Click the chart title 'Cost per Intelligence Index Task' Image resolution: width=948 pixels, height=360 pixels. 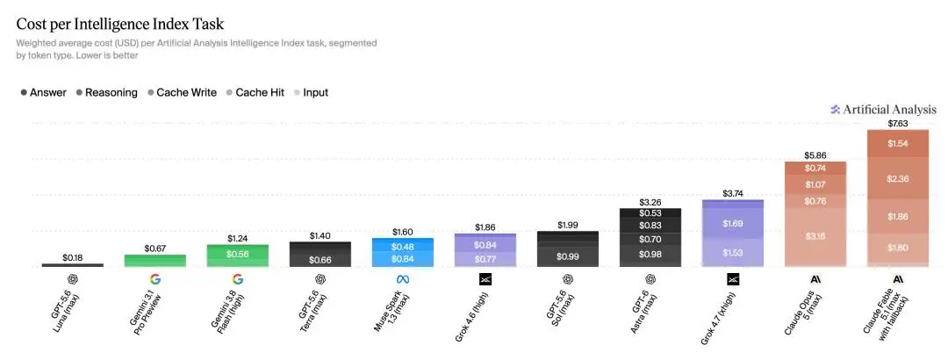(x=119, y=25)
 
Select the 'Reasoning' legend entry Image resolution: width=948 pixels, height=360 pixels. (x=106, y=92)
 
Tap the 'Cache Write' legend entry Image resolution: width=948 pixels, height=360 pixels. (x=182, y=92)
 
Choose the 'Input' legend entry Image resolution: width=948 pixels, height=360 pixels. (x=311, y=92)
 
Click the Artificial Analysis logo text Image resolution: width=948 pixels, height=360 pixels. (x=883, y=110)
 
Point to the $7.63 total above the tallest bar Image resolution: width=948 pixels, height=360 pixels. (x=898, y=124)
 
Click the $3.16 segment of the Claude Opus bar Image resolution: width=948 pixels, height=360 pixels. (x=815, y=236)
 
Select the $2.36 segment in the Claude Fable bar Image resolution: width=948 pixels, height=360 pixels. (x=898, y=178)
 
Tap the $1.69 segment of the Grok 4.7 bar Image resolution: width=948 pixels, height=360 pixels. (x=733, y=224)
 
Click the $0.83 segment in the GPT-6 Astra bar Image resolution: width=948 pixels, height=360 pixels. (x=650, y=225)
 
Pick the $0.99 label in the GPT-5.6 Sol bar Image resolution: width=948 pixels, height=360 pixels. (x=567, y=256)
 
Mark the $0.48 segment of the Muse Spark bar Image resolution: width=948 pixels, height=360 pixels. (x=403, y=247)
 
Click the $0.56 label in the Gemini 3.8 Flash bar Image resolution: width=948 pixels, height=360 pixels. (x=238, y=254)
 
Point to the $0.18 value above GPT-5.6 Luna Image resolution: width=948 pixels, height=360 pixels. (x=73, y=258)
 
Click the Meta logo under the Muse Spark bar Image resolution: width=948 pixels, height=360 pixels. (x=403, y=279)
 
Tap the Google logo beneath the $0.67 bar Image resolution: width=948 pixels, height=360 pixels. (x=154, y=279)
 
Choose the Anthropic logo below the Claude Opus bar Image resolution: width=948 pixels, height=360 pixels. (x=815, y=279)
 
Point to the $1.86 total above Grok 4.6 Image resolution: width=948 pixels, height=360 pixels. (x=485, y=227)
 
